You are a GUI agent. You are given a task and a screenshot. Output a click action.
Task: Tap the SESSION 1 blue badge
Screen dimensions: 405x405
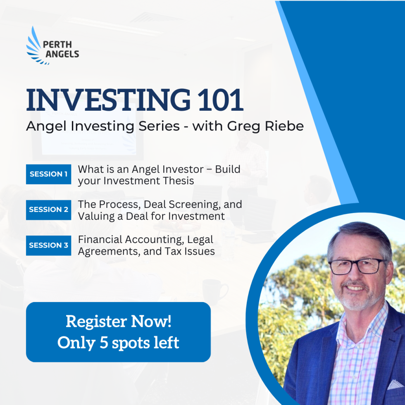coord(48,174)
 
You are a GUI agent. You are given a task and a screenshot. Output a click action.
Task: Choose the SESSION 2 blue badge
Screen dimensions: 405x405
coord(48,210)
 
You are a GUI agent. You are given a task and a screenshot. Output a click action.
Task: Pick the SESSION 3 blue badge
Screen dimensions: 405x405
coord(48,245)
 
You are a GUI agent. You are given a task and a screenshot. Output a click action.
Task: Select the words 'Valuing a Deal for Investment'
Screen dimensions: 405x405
coord(151,216)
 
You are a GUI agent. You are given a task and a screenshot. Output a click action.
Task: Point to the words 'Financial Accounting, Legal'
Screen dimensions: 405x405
coord(145,240)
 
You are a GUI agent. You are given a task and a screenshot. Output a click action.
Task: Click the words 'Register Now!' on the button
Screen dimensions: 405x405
coord(118,322)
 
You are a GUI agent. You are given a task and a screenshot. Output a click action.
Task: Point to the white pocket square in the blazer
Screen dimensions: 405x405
coord(395,384)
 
